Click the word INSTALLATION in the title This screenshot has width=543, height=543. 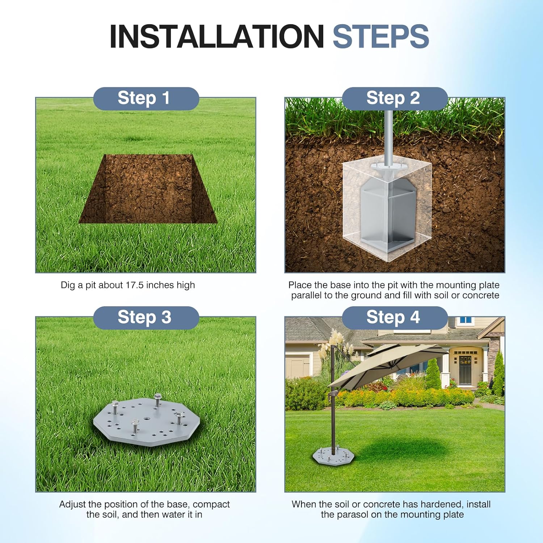point(216,36)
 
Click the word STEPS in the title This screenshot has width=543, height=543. point(381,36)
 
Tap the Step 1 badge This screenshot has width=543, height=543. point(146,98)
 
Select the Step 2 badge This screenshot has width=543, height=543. point(395,98)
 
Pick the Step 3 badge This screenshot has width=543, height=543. point(146,317)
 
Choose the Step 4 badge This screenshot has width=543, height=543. point(395,317)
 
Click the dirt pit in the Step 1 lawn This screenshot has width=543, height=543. point(148,189)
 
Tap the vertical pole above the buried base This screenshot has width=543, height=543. point(388,138)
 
